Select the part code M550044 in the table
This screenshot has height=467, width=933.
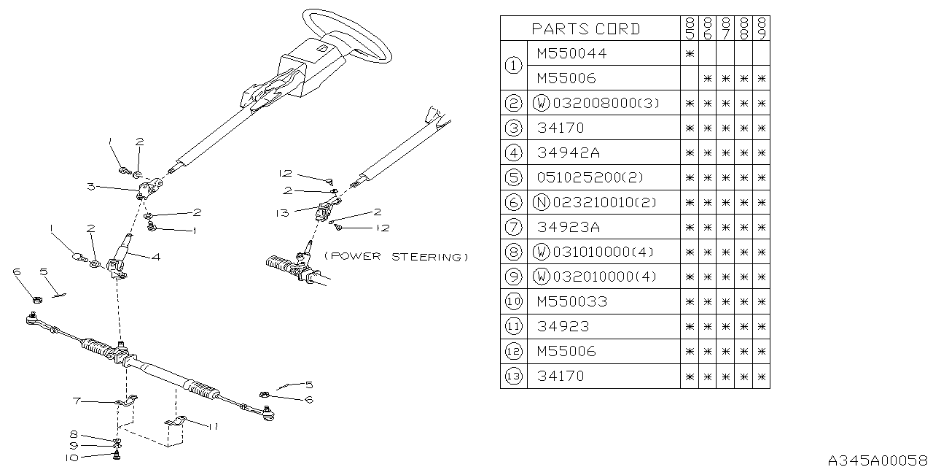tap(571, 53)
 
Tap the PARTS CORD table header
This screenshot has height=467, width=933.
tap(586, 29)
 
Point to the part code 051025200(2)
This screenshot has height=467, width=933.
tap(590, 177)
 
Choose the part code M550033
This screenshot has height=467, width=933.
tap(571, 301)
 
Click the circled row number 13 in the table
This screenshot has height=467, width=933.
tap(513, 376)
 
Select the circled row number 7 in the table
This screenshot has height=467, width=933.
tap(513, 227)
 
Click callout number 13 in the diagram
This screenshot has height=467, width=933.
tap(283, 213)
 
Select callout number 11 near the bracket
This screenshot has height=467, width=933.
tap(212, 426)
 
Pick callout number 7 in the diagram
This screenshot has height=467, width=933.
tap(76, 401)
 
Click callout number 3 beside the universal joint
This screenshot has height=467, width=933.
tap(90, 187)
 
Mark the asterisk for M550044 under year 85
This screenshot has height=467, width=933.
tap(689, 53)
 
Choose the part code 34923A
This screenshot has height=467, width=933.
tap(569, 227)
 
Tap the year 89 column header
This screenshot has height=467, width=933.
tap(762, 29)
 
